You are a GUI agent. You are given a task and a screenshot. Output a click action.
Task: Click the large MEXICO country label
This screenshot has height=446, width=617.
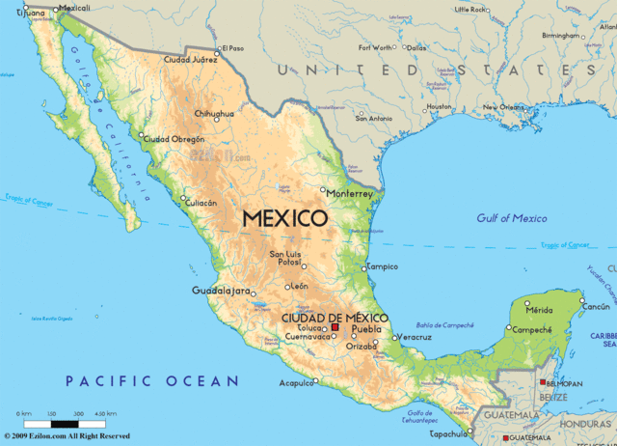click(284, 218)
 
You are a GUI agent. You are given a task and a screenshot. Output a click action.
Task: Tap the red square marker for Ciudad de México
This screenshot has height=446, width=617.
click(335, 328)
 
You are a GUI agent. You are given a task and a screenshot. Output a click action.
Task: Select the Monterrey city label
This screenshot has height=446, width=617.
click(350, 193)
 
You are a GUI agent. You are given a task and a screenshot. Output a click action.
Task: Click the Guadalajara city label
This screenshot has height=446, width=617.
click(221, 291)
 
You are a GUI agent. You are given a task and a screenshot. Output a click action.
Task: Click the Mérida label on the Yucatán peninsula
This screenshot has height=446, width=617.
click(539, 310)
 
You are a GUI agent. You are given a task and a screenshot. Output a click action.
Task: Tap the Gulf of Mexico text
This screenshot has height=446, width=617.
click(511, 218)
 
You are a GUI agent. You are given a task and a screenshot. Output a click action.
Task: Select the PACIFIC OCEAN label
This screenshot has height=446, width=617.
click(151, 381)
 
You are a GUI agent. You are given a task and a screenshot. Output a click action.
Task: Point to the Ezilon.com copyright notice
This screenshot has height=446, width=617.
click(67, 436)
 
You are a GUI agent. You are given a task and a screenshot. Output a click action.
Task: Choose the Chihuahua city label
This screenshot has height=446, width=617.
click(214, 114)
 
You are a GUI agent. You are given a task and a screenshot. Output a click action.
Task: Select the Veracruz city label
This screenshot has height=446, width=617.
click(416, 337)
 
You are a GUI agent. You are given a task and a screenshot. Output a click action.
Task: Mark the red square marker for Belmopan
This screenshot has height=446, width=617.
click(541, 382)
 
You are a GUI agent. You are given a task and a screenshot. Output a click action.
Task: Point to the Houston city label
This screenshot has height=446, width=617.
click(439, 106)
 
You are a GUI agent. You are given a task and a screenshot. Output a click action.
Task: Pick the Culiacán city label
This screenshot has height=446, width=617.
click(208, 203)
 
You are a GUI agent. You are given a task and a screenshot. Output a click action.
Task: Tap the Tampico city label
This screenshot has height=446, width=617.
click(383, 266)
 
